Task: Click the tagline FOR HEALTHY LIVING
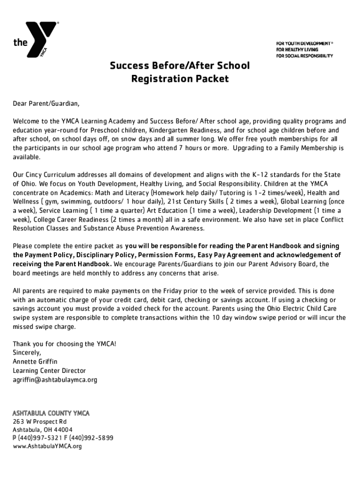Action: [296, 50]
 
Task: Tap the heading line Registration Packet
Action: [180, 79]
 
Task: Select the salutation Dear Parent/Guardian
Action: [43, 103]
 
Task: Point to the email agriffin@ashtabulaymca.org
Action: [55, 380]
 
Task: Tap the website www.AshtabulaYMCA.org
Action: [47, 447]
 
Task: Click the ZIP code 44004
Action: [64, 430]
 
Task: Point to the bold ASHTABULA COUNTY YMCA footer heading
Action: [51, 413]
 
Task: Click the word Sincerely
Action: [27, 353]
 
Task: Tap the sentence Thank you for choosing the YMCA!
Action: [65, 344]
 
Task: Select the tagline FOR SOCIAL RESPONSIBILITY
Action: [304, 56]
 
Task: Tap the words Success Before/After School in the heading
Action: [180, 65]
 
